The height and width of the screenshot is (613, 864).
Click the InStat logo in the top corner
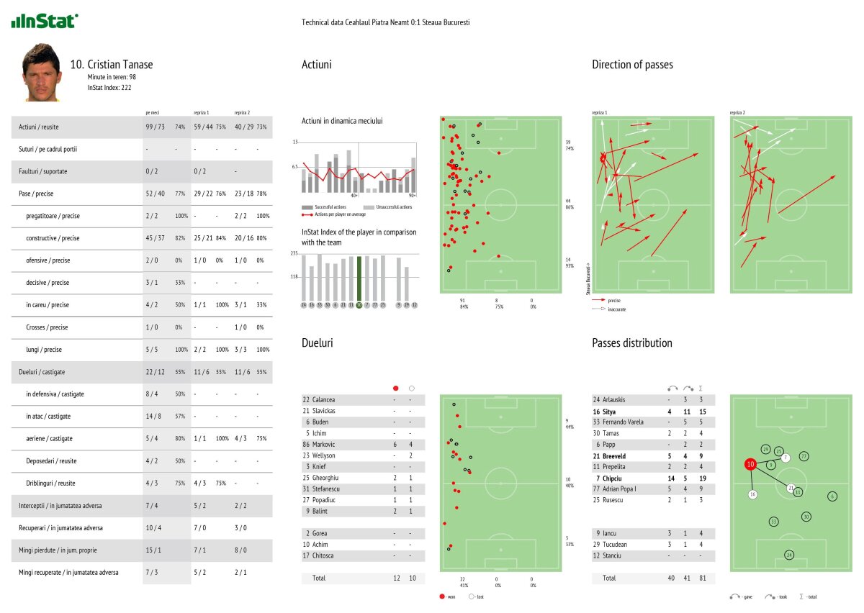coord(45,21)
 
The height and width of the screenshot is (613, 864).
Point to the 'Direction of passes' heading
coord(632,65)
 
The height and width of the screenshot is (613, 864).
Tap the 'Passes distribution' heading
coord(632,343)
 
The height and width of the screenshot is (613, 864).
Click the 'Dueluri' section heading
coord(318,344)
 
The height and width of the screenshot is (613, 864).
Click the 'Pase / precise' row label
coord(36,194)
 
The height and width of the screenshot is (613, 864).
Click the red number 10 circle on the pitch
coord(751,465)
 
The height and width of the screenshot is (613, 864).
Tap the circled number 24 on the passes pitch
coord(789,554)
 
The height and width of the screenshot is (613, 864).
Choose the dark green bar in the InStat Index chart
coord(359,280)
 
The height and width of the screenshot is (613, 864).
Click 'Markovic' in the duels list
coord(323,445)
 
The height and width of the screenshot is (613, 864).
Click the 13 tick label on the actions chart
coord(295,142)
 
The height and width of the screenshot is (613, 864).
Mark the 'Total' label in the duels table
coord(319,578)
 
